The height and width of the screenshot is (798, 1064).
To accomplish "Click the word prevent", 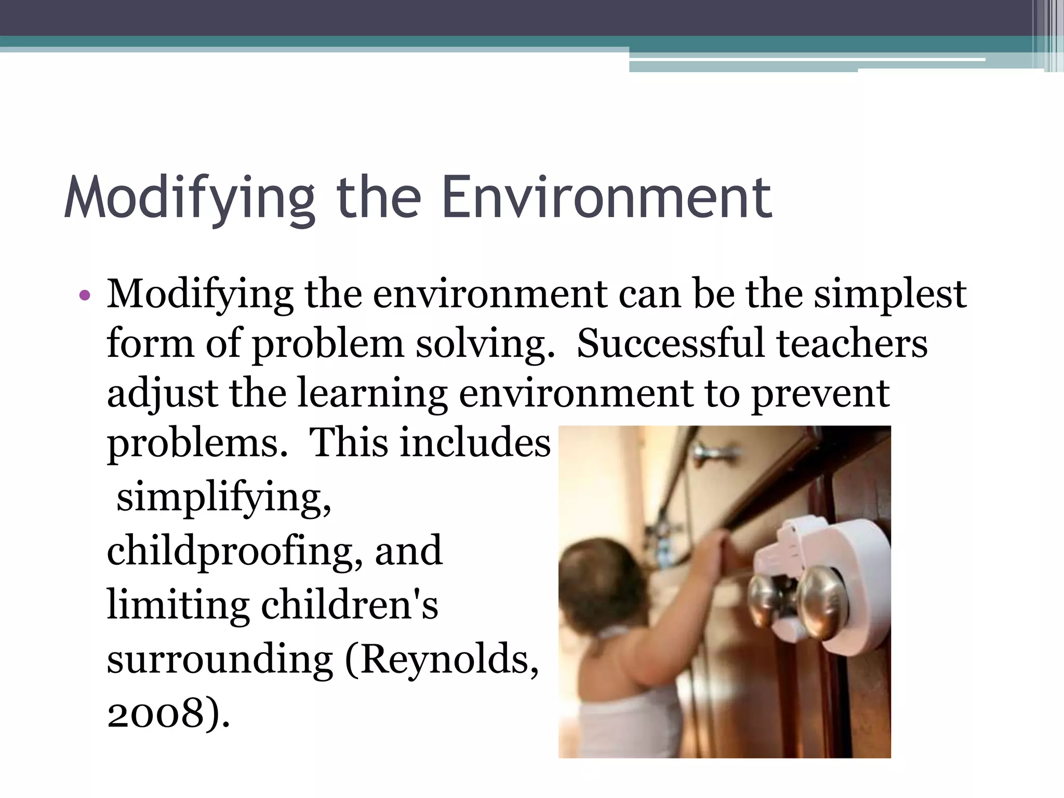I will click(821, 394).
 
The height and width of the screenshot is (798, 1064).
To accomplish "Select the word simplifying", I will click(223, 498).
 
